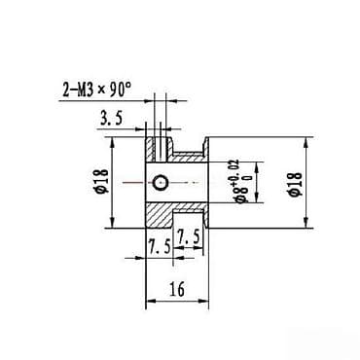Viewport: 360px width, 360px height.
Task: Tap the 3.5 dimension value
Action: pos(110,120)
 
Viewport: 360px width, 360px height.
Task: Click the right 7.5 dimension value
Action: pos(188,235)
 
